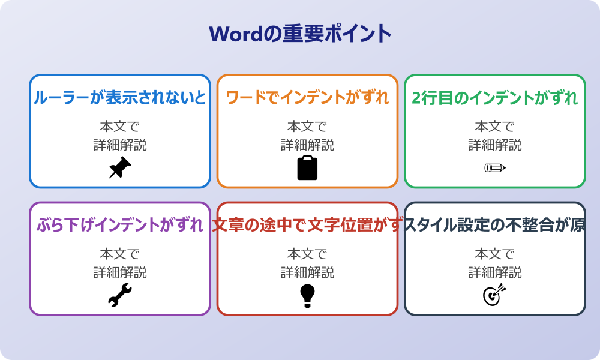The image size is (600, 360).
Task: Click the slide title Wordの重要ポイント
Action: coord(300,34)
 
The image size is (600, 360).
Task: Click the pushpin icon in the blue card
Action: coord(119,168)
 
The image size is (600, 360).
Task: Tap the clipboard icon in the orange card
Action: coord(307,168)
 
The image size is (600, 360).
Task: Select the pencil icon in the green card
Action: coord(495,167)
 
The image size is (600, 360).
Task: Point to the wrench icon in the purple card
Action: coord(119,295)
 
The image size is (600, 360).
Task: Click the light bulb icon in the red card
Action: coord(307,295)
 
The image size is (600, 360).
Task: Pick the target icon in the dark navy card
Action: coord(495,295)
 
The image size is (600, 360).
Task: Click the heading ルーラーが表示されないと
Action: coord(119,97)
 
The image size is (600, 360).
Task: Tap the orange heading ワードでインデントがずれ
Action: coord(307,97)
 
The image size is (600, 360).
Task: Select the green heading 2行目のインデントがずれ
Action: coord(495,97)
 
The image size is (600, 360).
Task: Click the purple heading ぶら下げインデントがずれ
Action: coord(119,225)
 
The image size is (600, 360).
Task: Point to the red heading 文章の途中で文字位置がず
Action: coord(307,225)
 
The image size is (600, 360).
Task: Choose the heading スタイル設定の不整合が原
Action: coord(495,225)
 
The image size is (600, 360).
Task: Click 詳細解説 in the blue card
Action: coord(119,145)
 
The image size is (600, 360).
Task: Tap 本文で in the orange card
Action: coord(307,127)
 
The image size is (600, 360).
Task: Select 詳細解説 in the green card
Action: coord(495,145)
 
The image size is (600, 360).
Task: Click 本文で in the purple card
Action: coord(119,254)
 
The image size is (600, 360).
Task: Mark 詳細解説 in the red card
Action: coord(307,272)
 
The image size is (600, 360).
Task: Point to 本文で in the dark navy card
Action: coord(495,254)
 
